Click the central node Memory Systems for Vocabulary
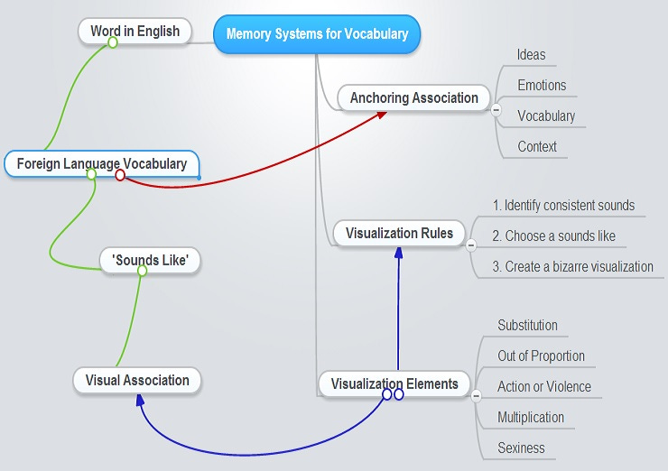click(x=317, y=34)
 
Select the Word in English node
click(x=135, y=32)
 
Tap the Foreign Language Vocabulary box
click(x=101, y=163)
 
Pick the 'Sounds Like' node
click(x=150, y=261)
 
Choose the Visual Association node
click(x=137, y=380)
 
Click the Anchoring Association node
click(x=413, y=97)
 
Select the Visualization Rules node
click(x=399, y=233)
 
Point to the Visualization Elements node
click(x=394, y=383)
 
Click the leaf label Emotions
click(x=542, y=86)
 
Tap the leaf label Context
click(x=537, y=146)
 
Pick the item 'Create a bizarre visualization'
click(x=572, y=266)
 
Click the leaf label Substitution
click(x=527, y=325)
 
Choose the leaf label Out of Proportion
click(x=541, y=356)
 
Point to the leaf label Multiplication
click(x=531, y=417)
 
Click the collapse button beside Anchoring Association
click(x=496, y=110)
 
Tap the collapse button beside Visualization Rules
click(x=470, y=245)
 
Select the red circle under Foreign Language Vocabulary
click(x=120, y=175)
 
